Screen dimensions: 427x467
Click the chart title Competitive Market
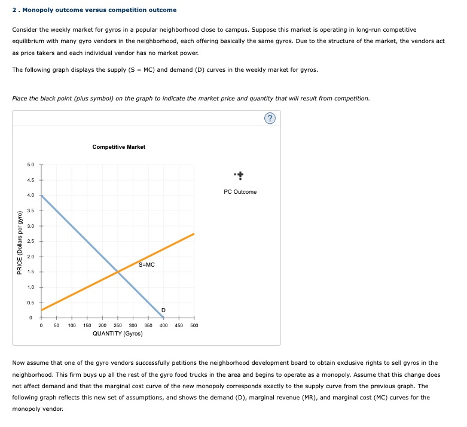[x=118, y=147]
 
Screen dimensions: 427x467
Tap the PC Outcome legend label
[x=240, y=191]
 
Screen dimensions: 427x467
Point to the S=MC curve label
[x=146, y=264]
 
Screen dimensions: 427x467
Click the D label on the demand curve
[x=163, y=309]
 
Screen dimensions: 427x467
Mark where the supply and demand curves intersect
[x=118, y=272]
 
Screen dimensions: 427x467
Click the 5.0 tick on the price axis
[x=31, y=164]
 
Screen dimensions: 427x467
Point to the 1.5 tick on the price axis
[x=31, y=272]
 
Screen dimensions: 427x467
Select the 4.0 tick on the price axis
[x=31, y=195]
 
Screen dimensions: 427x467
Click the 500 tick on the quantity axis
[x=194, y=326]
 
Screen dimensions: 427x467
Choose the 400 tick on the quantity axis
[x=163, y=326]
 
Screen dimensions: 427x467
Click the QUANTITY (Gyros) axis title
[x=117, y=334]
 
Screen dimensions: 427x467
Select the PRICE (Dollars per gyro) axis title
[x=20, y=242]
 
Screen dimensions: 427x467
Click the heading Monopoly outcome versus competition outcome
[x=98, y=10]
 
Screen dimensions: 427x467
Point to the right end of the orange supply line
[x=194, y=234]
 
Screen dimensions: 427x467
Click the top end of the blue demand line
[x=41, y=195]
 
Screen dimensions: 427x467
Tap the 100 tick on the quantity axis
[x=71, y=326]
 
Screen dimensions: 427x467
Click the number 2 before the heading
[x=14, y=10]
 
